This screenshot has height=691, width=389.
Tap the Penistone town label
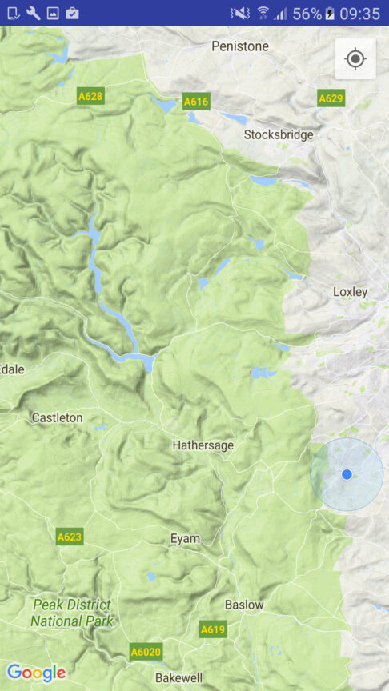240,46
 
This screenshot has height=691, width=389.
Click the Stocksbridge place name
279,134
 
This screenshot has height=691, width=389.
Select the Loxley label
350,292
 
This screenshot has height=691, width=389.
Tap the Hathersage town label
203,445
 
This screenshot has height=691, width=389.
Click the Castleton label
57,417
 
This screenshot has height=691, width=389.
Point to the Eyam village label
185,538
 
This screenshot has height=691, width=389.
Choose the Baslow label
244,605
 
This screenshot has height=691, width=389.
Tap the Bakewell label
180,677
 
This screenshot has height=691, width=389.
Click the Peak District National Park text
72,613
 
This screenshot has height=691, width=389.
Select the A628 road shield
90,96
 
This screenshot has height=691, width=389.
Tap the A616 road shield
196,101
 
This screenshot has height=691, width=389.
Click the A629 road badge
331,98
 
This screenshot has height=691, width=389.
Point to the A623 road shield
70,537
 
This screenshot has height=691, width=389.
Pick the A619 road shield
213,629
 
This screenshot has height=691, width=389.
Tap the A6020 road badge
145,652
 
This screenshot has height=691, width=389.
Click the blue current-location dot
347,474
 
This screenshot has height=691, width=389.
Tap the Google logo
36,673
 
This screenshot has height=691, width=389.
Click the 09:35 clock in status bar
360,13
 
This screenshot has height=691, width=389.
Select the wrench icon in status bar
33,13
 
